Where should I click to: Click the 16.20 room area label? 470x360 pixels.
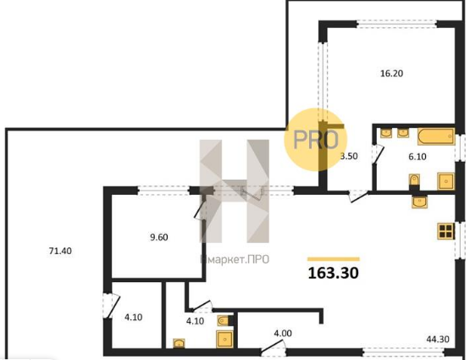coord(391,74)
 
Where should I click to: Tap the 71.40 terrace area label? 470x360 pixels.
coord(60,251)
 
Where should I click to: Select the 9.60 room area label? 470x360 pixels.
coord(159,237)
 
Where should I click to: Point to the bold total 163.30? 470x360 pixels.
coord(334,273)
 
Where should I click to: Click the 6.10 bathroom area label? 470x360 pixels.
coord(417,157)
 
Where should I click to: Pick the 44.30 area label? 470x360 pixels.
coord(438,340)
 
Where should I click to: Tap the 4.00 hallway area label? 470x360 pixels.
coord(283,334)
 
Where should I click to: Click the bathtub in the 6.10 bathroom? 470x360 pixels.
coord(436,136)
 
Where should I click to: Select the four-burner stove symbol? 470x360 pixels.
coord(445,231)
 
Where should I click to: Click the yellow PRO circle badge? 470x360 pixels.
coord(316,140)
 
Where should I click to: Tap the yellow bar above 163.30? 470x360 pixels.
coord(334,259)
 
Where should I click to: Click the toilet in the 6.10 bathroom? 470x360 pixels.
coord(414,180)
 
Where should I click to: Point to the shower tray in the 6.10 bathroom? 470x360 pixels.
coord(445,181)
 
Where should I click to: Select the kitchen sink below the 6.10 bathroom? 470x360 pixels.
coord(420,202)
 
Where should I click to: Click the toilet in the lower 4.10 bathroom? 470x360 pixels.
coord(224,320)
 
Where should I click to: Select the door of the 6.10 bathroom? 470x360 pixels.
coord(377,154)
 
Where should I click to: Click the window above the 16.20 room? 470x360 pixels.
coord(396,24)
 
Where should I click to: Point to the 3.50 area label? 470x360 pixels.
coord(350,156)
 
